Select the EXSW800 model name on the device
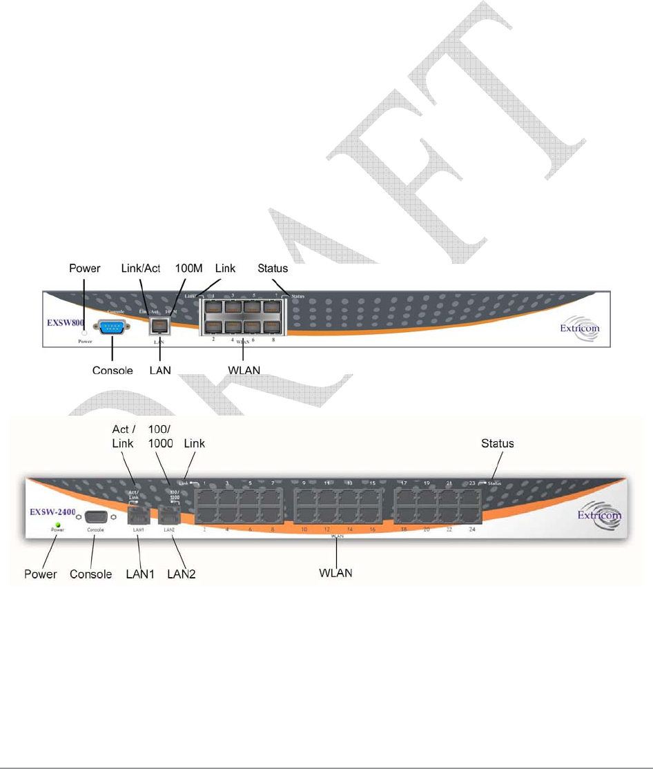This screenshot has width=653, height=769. [x=66, y=322]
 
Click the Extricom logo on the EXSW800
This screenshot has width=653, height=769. [x=578, y=329]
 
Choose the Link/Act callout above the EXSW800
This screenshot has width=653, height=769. [x=141, y=268]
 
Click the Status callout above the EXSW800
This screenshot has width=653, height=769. [x=272, y=268]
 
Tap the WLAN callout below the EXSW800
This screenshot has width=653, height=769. [x=244, y=370]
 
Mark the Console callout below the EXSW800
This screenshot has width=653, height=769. [x=113, y=370]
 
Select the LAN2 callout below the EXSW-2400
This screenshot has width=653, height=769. [x=182, y=574]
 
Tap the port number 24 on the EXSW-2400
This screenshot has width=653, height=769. [x=472, y=529]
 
